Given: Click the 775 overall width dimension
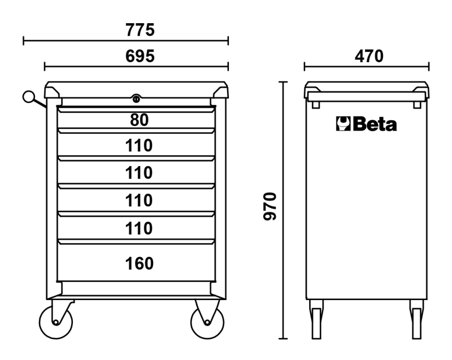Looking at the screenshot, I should pos(140,30).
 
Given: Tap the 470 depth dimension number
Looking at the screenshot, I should pos(367,56).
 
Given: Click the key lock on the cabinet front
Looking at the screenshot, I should pos(136,99).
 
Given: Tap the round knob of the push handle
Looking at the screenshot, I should pos(28,97).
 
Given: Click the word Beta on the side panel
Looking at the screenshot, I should pos(375,124).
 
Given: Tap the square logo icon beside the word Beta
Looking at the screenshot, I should pos(344,124).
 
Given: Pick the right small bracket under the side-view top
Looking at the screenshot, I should pos(417,104).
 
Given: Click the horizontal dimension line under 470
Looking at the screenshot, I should pos(367,67).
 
